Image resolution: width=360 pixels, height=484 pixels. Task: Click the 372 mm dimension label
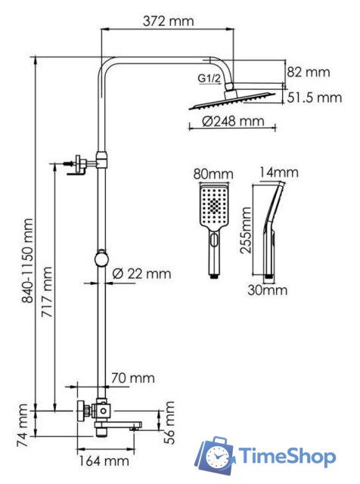pyautogui.click(x=169, y=21)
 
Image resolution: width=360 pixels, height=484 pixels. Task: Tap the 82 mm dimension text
pyautogui.click(x=310, y=73)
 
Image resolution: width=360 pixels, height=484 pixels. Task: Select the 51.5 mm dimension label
pyautogui.click(x=315, y=98)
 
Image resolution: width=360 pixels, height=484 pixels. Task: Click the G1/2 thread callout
pyautogui.click(x=209, y=79)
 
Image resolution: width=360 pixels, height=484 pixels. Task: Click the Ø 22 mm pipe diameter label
pyautogui.click(x=141, y=273)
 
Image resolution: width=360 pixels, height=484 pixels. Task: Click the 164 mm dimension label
pyautogui.click(x=102, y=461)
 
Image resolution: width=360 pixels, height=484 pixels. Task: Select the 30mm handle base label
pyautogui.click(x=268, y=290)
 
